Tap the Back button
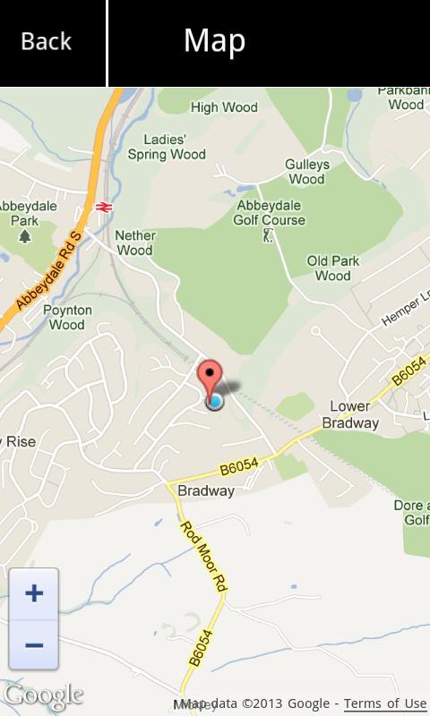pyautogui.click(x=47, y=41)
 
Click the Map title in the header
pyautogui.click(x=214, y=41)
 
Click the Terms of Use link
pyautogui.click(x=385, y=703)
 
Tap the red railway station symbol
pyautogui.click(x=104, y=207)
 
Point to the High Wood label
pyautogui.click(x=224, y=107)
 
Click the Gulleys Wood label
pyautogui.click(x=307, y=172)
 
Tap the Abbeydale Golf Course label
pyautogui.click(x=270, y=212)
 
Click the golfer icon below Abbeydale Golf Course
pyautogui.click(x=267, y=235)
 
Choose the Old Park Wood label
pyautogui.click(x=333, y=268)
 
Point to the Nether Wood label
pyautogui.click(x=135, y=243)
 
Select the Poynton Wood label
pyautogui.click(x=66, y=318)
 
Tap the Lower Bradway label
pyautogui.click(x=350, y=414)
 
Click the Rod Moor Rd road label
pyautogui.click(x=202, y=555)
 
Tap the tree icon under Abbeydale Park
pyautogui.click(x=25, y=235)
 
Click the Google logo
pyautogui.click(x=42, y=695)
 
